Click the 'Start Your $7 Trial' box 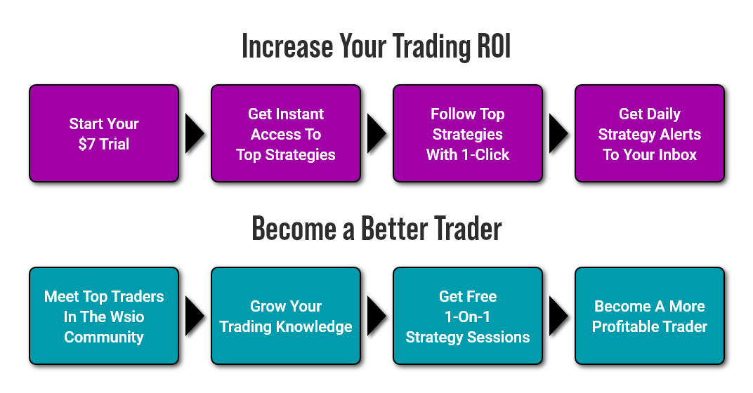coord(104,133)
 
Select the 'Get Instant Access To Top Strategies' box coord(286,133)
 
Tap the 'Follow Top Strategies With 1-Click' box coord(468,133)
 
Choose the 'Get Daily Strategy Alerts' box coord(650,133)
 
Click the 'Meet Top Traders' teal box coord(104,316)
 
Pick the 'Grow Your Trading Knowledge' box coord(286,316)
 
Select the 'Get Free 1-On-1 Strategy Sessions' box coord(468,316)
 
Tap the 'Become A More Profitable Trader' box coord(650,316)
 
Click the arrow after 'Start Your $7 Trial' coord(195,133)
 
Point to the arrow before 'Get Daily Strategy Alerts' coord(558,133)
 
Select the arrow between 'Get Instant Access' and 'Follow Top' coord(376,133)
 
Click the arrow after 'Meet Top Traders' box coord(195,316)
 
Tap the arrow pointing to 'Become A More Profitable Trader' coord(558,316)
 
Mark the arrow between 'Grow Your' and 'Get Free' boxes coord(376,316)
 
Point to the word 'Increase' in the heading coord(287,46)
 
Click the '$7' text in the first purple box coord(87,144)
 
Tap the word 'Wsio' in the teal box coord(127,317)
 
